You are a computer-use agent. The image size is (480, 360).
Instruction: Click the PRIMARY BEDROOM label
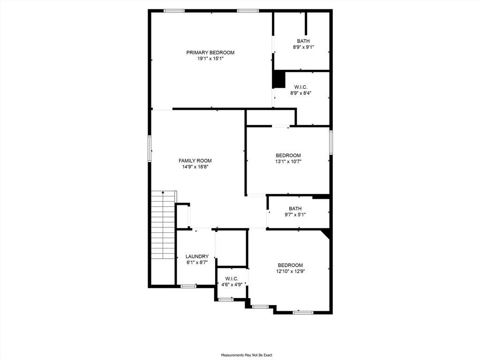tap(210, 52)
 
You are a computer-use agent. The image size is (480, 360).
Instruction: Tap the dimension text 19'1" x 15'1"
tap(210, 59)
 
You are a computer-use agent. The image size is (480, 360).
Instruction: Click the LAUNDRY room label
tap(197, 256)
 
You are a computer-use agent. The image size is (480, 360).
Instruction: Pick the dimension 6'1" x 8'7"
tap(197, 262)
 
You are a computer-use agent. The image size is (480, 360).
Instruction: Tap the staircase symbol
tap(164, 225)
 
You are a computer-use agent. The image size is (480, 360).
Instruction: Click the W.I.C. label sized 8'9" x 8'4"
tap(301, 87)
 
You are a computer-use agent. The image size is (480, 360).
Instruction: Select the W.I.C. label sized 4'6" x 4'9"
tap(232, 278)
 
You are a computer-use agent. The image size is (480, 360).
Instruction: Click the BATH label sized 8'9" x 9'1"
tap(303, 41)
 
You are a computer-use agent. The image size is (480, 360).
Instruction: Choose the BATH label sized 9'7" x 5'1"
tap(295, 209)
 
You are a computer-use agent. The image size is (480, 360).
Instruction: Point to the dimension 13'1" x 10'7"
tap(288, 162)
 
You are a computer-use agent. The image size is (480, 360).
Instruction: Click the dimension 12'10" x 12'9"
tap(291, 271)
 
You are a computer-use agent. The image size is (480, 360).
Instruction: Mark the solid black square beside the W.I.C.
tap(279, 80)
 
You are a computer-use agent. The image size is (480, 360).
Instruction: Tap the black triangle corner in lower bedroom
tap(327, 233)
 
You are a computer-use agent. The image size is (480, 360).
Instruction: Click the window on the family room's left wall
tap(150, 149)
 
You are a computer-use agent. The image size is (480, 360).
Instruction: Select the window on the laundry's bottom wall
tap(188, 286)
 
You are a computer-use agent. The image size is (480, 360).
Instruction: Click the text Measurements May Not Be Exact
tap(247, 355)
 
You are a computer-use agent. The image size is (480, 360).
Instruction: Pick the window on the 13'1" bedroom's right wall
tap(330, 142)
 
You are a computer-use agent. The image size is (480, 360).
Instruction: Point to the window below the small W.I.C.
tap(226, 300)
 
